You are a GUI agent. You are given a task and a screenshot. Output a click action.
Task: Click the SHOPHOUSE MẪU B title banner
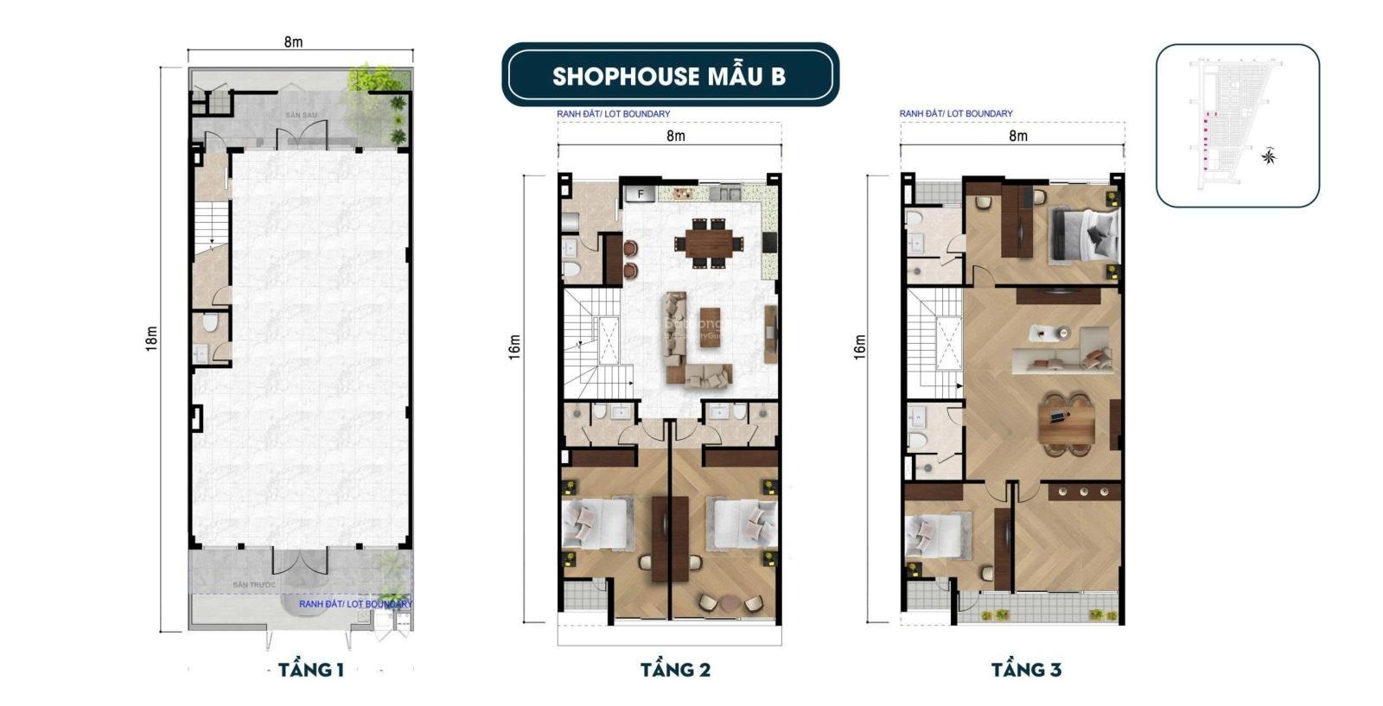pyautogui.click(x=670, y=75)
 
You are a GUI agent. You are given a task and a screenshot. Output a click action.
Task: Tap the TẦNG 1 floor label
pyautogui.click(x=311, y=670)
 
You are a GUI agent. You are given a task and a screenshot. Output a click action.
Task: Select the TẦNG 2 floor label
pyautogui.click(x=675, y=670)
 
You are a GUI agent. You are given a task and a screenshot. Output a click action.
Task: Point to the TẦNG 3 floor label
pyautogui.click(x=1026, y=670)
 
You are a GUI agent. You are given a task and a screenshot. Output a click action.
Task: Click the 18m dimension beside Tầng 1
pyautogui.click(x=152, y=338)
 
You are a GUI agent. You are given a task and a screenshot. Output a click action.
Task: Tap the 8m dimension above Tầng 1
pyautogui.click(x=294, y=41)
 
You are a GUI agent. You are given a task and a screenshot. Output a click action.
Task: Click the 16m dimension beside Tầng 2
pyautogui.click(x=515, y=347)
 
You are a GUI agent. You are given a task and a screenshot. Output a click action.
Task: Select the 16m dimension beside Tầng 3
pyautogui.click(x=859, y=347)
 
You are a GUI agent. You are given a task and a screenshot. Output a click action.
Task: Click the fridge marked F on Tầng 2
pyautogui.click(x=641, y=194)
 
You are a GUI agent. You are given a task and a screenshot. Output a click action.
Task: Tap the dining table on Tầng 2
pyautogui.click(x=707, y=243)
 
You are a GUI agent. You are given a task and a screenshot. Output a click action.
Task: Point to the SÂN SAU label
pyautogui.click(x=302, y=115)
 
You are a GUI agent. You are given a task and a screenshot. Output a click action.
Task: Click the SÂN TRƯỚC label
pyautogui.click(x=253, y=585)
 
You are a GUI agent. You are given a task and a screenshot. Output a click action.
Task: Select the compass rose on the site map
pyautogui.click(x=1269, y=156)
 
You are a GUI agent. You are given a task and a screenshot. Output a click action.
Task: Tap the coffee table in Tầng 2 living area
pyautogui.click(x=710, y=327)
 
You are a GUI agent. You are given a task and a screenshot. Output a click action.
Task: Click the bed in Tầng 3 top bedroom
pyautogui.click(x=1084, y=234)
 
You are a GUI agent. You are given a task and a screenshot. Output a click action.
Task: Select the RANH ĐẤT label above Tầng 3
pyautogui.click(x=955, y=113)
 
